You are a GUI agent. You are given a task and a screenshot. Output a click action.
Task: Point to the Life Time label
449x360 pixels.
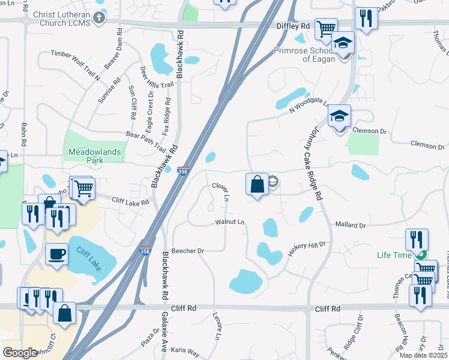click(394, 255)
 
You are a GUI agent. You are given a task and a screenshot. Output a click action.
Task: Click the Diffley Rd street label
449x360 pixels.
click(292, 26)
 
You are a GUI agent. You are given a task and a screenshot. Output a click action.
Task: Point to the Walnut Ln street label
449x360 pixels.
click(229, 222)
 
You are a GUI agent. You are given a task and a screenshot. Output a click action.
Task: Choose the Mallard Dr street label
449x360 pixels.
click(350, 226)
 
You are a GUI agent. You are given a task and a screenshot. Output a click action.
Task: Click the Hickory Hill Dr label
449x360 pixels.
click(306, 248)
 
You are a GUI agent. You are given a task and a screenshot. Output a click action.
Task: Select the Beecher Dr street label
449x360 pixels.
click(188, 251)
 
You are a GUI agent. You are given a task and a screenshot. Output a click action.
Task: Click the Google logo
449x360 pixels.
click(20, 353)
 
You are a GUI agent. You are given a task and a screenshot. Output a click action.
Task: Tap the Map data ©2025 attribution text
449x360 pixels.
click(423, 355)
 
